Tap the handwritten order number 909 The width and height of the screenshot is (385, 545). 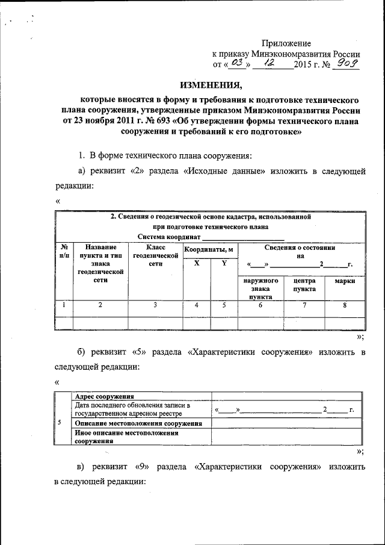pyautogui.click(x=347, y=63)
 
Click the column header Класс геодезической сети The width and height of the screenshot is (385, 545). pyautogui.click(x=155, y=256)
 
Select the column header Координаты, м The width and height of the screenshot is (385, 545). pyautogui.click(x=208, y=249)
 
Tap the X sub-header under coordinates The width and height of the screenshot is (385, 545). pyautogui.click(x=197, y=263)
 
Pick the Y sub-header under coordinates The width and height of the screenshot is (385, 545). pyautogui.click(x=224, y=263)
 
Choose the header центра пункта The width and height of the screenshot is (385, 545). pyautogui.click(x=304, y=285)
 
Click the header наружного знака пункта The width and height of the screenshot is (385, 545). pyautogui.click(x=260, y=288)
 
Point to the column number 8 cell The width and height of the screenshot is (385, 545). pyautogui.click(x=344, y=305)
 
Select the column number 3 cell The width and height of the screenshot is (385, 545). pyautogui.click(x=155, y=305)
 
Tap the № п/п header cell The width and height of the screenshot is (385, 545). pyautogui.click(x=63, y=252)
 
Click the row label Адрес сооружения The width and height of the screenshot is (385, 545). pyautogui.click(x=103, y=396)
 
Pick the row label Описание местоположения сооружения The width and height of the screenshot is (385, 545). pyautogui.click(x=138, y=423)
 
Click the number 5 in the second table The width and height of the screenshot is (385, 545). pyautogui.click(x=59, y=422)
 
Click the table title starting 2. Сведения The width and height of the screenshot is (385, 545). pyautogui.click(x=209, y=216)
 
